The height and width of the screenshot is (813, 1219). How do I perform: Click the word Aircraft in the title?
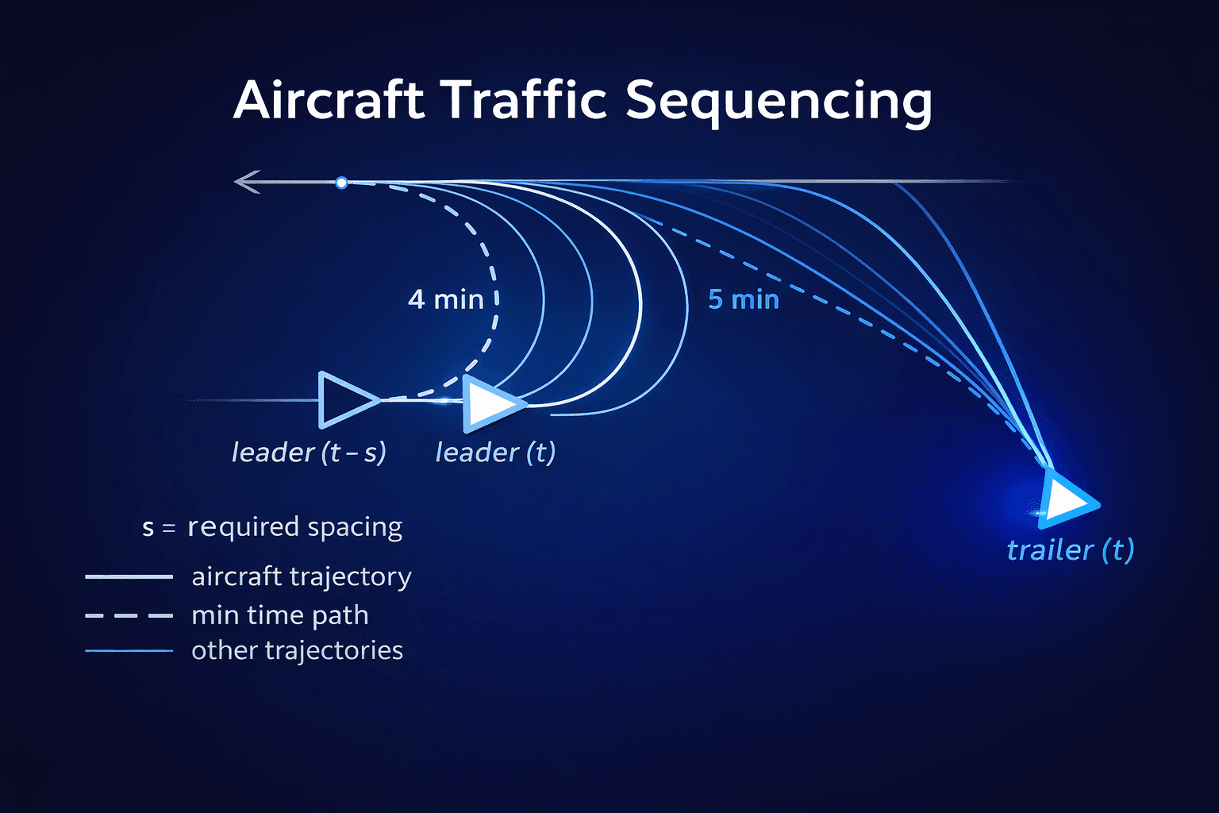(x=329, y=101)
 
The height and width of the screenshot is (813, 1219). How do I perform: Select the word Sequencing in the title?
(x=778, y=103)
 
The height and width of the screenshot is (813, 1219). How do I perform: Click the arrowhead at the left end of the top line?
(x=246, y=182)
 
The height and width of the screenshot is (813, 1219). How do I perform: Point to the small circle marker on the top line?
(x=341, y=183)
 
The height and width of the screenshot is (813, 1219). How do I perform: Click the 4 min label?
(x=445, y=300)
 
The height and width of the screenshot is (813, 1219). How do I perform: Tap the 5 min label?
(x=744, y=300)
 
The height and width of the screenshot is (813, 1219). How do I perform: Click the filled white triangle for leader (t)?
(x=490, y=403)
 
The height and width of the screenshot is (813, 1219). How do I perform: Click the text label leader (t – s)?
(x=309, y=453)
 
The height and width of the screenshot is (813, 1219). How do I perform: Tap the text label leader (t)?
(x=495, y=453)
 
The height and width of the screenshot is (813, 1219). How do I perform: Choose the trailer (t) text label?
(x=1070, y=550)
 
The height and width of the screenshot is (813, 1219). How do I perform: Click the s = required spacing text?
(x=272, y=527)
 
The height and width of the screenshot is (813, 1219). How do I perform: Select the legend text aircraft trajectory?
(x=302, y=577)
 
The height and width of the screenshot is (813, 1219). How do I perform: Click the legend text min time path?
(x=280, y=615)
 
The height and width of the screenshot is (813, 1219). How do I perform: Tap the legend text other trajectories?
(x=298, y=650)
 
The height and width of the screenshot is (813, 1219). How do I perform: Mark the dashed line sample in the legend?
(x=129, y=615)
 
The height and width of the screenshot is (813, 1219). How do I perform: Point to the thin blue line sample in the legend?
(x=129, y=651)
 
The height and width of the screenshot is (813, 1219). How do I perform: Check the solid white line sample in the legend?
(x=129, y=577)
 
